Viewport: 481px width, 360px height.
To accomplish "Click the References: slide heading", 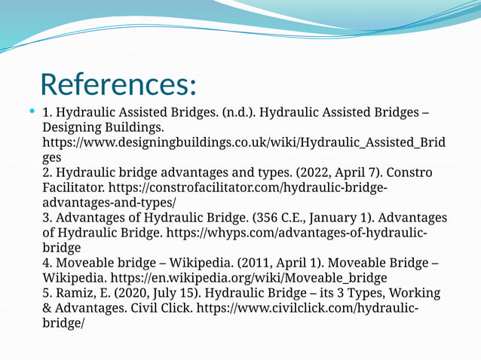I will [118, 84].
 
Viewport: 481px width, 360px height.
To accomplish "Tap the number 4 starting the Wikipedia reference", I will [45, 263].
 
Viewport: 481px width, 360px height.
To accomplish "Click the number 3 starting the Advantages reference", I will [45, 218].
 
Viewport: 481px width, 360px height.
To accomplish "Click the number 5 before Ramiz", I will [45, 293].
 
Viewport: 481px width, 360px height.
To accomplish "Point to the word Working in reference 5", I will [412, 293].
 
